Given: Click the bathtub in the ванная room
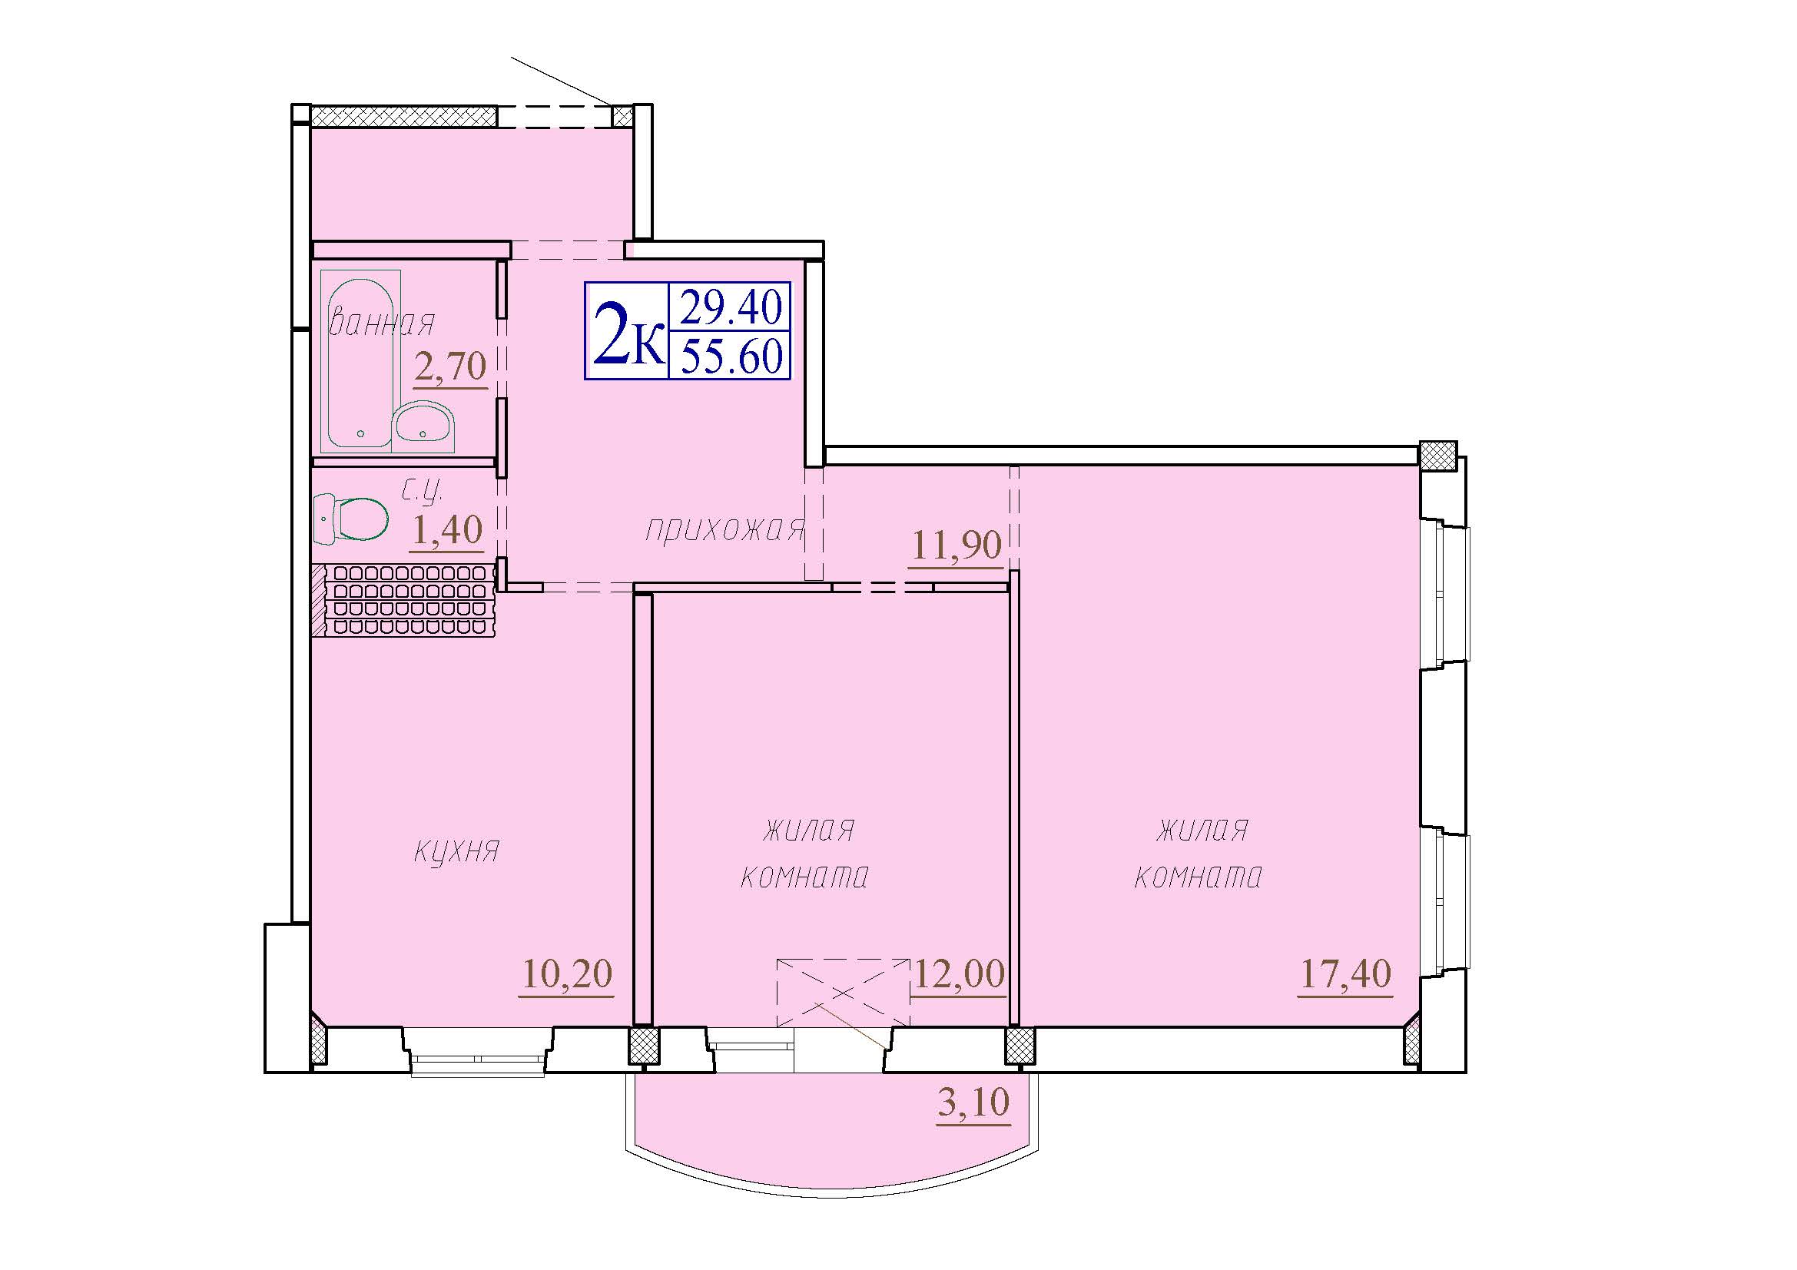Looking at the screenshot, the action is [361, 358].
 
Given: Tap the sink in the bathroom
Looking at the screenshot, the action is [423, 426].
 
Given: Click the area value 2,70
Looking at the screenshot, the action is [451, 366].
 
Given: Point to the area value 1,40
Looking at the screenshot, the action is [447, 530].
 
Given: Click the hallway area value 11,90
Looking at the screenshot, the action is [957, 545].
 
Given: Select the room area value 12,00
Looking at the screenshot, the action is [959, 974].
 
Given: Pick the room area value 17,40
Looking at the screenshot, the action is [1345, 974].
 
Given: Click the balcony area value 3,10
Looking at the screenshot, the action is [973, 1103].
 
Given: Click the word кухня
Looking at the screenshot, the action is [456, 851].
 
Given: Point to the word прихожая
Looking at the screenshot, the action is [724, 530].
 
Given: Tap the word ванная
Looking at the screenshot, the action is [382, 323].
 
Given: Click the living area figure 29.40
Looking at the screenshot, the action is [731, 307].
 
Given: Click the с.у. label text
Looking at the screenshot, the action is [423, 492].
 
